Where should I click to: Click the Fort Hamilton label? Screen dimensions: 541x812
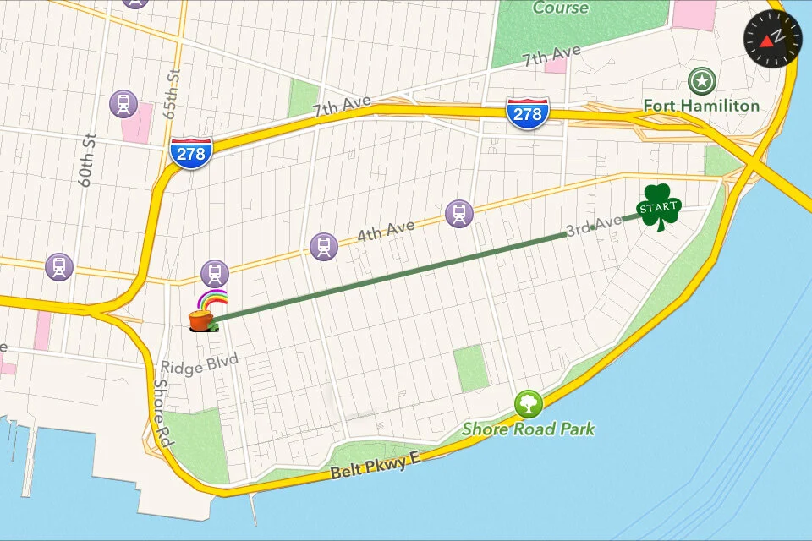click(x=701, y=106)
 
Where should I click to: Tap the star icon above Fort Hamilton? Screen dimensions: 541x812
click(x=701, y=81)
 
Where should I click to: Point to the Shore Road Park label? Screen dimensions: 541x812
click(x=528, y=429)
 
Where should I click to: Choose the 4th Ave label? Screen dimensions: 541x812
click(x=386, y=231)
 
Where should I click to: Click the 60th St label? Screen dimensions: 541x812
click(x=88, y=158)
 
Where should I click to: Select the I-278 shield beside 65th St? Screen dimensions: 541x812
click(x=191, y=152)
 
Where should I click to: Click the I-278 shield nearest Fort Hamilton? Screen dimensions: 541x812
click(x=528, y=112)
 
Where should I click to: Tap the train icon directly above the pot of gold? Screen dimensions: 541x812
click(x=215, y=273)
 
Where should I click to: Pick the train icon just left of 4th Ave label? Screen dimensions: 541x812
click(x=323, y=246)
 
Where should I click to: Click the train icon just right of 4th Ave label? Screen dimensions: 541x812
click(x=458, y=213)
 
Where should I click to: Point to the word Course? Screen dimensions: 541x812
click(x=560, y=8)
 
